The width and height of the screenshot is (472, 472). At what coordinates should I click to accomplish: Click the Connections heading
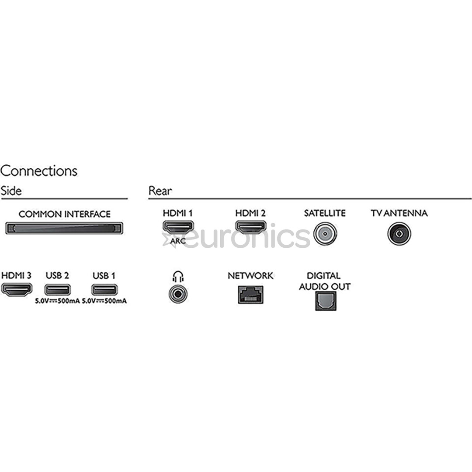click(x=39, y=171)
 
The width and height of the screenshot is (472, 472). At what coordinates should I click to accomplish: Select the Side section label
click(x=11, y=191)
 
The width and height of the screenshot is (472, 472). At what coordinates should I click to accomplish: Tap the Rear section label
click(x=160, y=191)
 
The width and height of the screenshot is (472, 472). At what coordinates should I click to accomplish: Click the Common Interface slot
click(x=64, y=228)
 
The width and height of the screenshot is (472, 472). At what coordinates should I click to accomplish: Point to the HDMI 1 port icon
click(x=178, y=227)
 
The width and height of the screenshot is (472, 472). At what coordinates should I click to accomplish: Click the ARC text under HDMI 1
click(x=178, y=241)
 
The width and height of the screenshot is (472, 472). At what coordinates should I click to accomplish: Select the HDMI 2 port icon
click(x=250, y=227)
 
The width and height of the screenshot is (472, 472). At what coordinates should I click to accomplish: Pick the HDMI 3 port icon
click(x=17, y=290)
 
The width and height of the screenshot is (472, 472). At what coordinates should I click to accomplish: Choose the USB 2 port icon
click(x=57, y=290)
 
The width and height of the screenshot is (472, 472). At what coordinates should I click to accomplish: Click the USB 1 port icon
click(x=104, y=290)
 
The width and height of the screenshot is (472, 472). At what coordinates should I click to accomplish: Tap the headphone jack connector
click(x=178, y=294)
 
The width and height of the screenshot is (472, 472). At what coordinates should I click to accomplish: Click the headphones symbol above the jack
click(x=178, y=277)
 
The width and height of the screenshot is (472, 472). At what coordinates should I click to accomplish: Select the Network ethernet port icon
click(x=250, y=294)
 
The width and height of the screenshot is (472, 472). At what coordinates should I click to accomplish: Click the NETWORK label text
click(x=250, y=276)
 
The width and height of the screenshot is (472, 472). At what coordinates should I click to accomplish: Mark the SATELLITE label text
click(x=325, y=213)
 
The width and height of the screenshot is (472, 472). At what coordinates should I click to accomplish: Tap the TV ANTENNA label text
click(x=399, y=213)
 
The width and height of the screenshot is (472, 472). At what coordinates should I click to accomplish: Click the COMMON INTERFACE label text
click(x=64, y=214)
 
